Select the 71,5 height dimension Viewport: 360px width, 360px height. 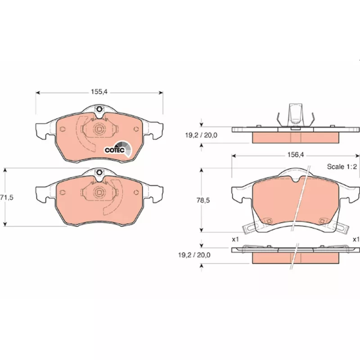click(x=7, y=197)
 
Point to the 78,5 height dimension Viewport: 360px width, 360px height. click(x=203, y=200)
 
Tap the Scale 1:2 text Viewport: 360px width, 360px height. click(x=342, y=166)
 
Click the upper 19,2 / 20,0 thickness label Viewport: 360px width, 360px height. click(x=201, y=135)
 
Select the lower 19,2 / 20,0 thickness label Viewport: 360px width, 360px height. click(x=194, y=255)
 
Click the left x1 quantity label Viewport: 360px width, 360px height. click(x=235, y=239)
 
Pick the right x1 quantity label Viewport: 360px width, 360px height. click(x=356, y=239)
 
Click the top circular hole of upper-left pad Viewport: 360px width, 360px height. click(x=99, y=109)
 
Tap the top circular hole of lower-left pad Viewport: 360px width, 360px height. click(x=99, y=172)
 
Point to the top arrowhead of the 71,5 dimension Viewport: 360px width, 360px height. click(x=5, y=170)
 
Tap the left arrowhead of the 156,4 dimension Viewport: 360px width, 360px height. click(x=234, y=156)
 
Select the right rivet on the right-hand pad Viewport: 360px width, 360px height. click(x=322, y=221)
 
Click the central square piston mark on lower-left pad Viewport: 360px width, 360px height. click(x=99, y=192)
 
